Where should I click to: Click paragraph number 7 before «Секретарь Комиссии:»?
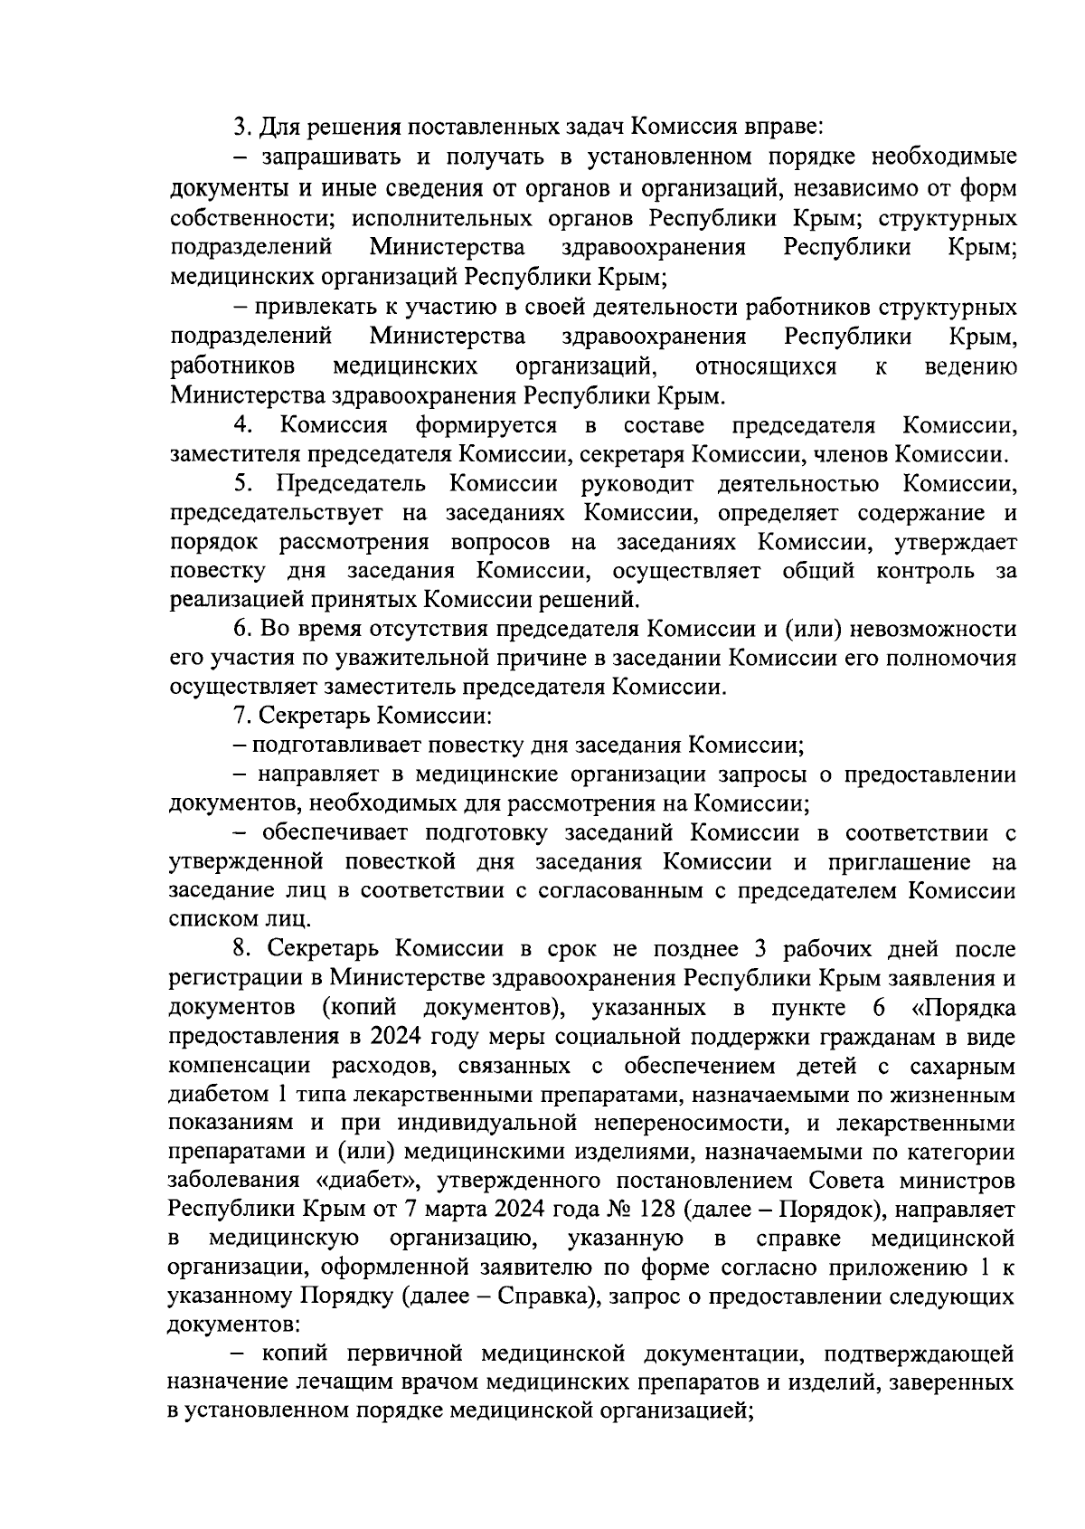coord(241,717)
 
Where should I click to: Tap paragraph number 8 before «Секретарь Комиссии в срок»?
coord(241,949)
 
